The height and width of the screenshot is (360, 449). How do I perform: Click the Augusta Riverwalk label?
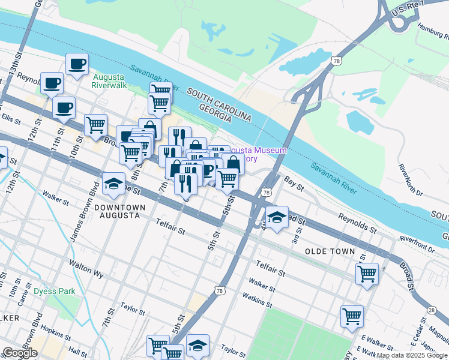(109, 80)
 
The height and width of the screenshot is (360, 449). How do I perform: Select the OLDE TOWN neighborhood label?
(330, 251)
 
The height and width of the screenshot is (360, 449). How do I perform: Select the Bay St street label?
(291, 179)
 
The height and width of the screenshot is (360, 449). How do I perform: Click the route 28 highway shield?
(432, 310)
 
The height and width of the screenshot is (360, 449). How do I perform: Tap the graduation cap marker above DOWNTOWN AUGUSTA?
(113, 185)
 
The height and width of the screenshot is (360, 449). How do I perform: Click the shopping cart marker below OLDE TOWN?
(367, 274)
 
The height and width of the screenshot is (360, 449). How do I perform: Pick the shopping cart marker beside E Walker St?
(352, 316)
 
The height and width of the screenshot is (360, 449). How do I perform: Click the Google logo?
(20, 353)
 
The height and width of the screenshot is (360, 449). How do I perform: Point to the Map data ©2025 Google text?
(411, 355)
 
